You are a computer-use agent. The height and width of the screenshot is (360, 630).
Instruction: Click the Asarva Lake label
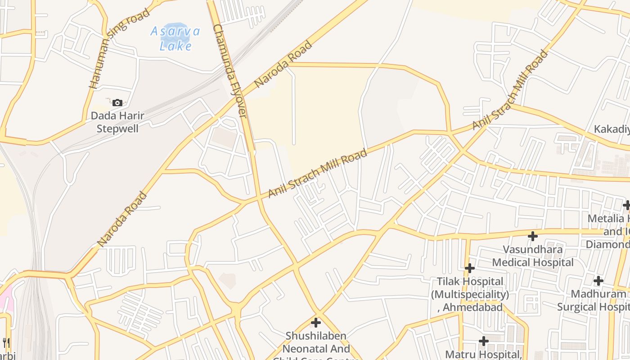click(x=175, y=38)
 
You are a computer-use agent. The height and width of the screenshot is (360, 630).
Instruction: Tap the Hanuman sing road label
click(x=119, y=48)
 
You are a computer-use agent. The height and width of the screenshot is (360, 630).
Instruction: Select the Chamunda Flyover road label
click(x=230, y=71)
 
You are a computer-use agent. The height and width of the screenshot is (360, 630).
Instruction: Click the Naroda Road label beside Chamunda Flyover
click(x=283, y=64)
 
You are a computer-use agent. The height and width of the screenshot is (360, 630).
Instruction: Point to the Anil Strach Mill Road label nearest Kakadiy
click(x=511, y=90)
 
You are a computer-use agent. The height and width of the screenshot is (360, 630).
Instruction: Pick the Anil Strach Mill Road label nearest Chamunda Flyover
click(x=317, y=174)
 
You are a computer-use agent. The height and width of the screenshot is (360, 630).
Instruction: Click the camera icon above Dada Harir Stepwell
click(x=117, y=103)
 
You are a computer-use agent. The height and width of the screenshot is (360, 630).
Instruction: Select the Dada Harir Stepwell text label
click(x=117, y=122)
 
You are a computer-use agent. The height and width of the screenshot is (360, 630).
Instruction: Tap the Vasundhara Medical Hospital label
click(x=533, y=256)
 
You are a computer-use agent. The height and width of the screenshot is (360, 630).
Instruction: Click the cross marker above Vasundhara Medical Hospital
click(x=533, y=236)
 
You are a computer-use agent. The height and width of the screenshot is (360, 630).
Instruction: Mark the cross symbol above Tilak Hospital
click(x=470, y=268)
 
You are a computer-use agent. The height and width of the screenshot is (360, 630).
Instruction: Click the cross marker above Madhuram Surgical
click(x=598, y=281)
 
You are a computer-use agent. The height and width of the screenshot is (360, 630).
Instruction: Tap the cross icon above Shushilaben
click(x=316, y=322)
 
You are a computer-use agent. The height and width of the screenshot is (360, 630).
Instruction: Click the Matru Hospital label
click(x=483, y=354)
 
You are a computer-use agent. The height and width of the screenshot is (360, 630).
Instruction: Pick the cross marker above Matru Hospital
click(x=484, y=341)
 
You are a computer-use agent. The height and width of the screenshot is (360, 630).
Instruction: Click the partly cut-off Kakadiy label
click(x=612, y=129)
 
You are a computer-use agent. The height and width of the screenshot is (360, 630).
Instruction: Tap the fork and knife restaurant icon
click(x=6, y=343)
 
